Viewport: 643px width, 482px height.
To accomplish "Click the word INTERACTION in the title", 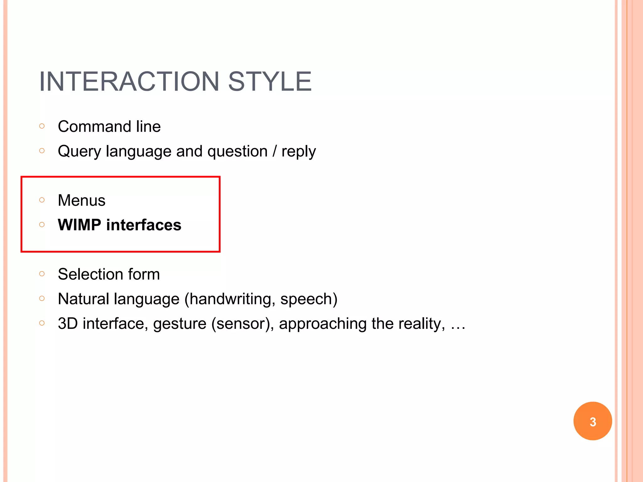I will tap(129, 82).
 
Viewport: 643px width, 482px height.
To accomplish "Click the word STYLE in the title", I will tap(270, 82).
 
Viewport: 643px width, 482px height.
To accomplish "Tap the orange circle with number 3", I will tap(592, 421).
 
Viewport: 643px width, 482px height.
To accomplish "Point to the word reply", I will tap(298, 152).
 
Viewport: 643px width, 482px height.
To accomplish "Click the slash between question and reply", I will tap(275, 151).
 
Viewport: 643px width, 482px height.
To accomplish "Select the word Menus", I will tap(82, 201).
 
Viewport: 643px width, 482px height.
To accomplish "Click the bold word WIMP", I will tap(79, 225).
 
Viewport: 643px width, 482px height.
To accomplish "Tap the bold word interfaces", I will tap(144, 225).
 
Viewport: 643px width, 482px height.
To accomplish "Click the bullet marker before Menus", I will tap(42, 200).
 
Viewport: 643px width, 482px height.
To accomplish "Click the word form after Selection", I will tap(144, 274).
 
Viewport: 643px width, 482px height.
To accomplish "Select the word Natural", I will tap(84, 299).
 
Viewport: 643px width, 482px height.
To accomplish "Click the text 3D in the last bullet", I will tap(68, 324).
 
